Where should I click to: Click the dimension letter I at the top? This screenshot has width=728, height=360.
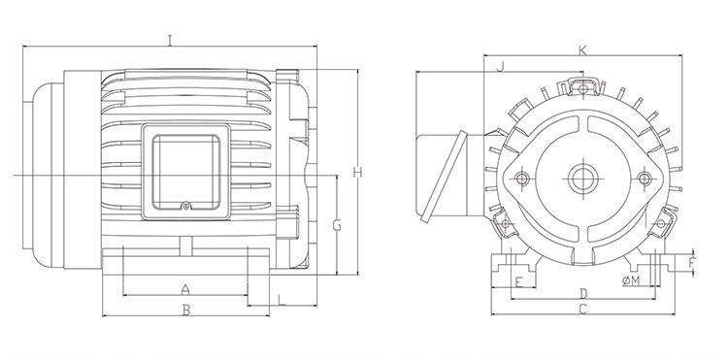[170, 41]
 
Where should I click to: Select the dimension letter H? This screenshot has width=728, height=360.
[357, 172]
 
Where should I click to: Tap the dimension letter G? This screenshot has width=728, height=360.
[337, 225]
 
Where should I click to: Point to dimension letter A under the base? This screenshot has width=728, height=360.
[185, 290]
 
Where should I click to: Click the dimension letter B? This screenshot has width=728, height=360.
[186, 311]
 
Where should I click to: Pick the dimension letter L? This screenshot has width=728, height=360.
[281, 300]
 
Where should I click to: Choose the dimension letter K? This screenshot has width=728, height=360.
[582, 50]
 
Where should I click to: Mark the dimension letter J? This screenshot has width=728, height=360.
[500, 67]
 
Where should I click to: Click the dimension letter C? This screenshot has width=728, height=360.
[583, 309]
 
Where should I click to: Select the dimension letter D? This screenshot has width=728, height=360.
[583, 294]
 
